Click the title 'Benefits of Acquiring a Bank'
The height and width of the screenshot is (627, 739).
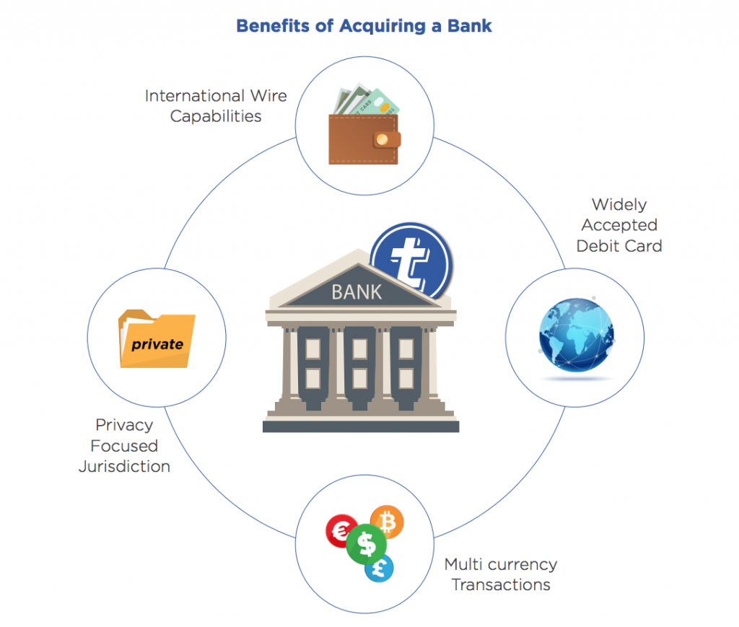point(364,27)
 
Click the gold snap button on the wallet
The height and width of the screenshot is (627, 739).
point(382,139)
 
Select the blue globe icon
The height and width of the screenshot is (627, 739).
point(577,335)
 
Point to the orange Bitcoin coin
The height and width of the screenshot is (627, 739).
point(388,522)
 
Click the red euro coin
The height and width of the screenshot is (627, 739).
point(341,531)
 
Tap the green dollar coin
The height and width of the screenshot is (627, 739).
point(366,544)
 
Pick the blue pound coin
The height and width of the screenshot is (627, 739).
point(379,568)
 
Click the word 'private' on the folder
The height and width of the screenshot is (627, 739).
point(157,345)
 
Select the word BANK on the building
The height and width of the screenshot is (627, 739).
point(357,292)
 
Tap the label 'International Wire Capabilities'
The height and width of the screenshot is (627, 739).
point(216,106)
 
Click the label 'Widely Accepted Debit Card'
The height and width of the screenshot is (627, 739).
point(619,225)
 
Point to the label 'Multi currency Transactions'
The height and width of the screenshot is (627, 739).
point(501,574)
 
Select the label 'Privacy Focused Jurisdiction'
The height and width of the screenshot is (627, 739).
point(124,446)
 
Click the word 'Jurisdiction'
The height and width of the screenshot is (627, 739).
point(124,466)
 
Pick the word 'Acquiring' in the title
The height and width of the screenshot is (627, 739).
point(382,27)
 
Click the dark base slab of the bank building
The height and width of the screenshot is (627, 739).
point(361,427)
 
